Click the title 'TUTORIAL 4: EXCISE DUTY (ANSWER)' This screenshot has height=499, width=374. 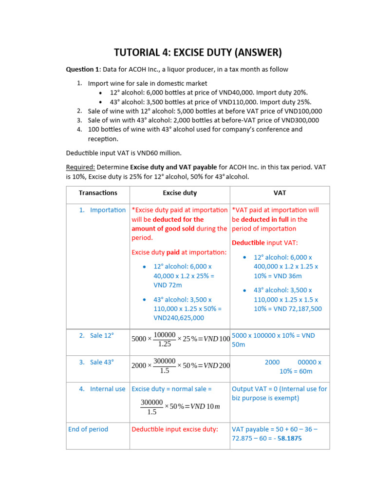click(x=198, y=53)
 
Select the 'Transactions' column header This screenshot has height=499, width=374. click(x=98, y=193)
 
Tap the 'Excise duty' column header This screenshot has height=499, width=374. click(x=180, y=193)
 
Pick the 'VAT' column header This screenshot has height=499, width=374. click(x=280, y=193)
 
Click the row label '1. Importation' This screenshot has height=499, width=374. click(x=103, y=210)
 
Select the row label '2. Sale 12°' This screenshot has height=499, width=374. click(x=96, y=335)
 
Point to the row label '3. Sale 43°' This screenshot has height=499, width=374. click(x=96, y=362)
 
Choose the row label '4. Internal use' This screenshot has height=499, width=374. click(x=103, y=389)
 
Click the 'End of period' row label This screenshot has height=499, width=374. click(x=88, y=429)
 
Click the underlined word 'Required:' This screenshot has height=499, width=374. click(x=80, y=167)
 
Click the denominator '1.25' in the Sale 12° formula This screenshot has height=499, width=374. click(x=165, y=344)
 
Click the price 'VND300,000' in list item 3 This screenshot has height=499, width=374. click(x=300, y=120)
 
